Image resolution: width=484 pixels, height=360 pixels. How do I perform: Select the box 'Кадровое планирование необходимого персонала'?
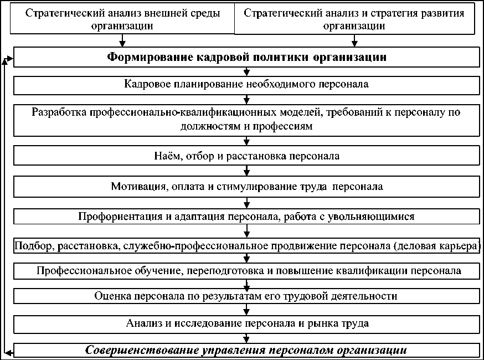click(x=246, y=85)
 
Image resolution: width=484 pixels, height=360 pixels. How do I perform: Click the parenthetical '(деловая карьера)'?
click(x=439, y=245)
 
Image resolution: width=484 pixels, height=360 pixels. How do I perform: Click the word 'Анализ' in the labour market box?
click(x=143, y=322)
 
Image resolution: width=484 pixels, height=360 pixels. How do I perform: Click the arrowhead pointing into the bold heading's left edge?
click(x=11, y=57)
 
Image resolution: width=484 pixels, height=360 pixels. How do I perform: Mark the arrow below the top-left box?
click(x=123, y=43)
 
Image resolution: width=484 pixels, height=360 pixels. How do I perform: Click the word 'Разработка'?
click(x=58, y=112)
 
